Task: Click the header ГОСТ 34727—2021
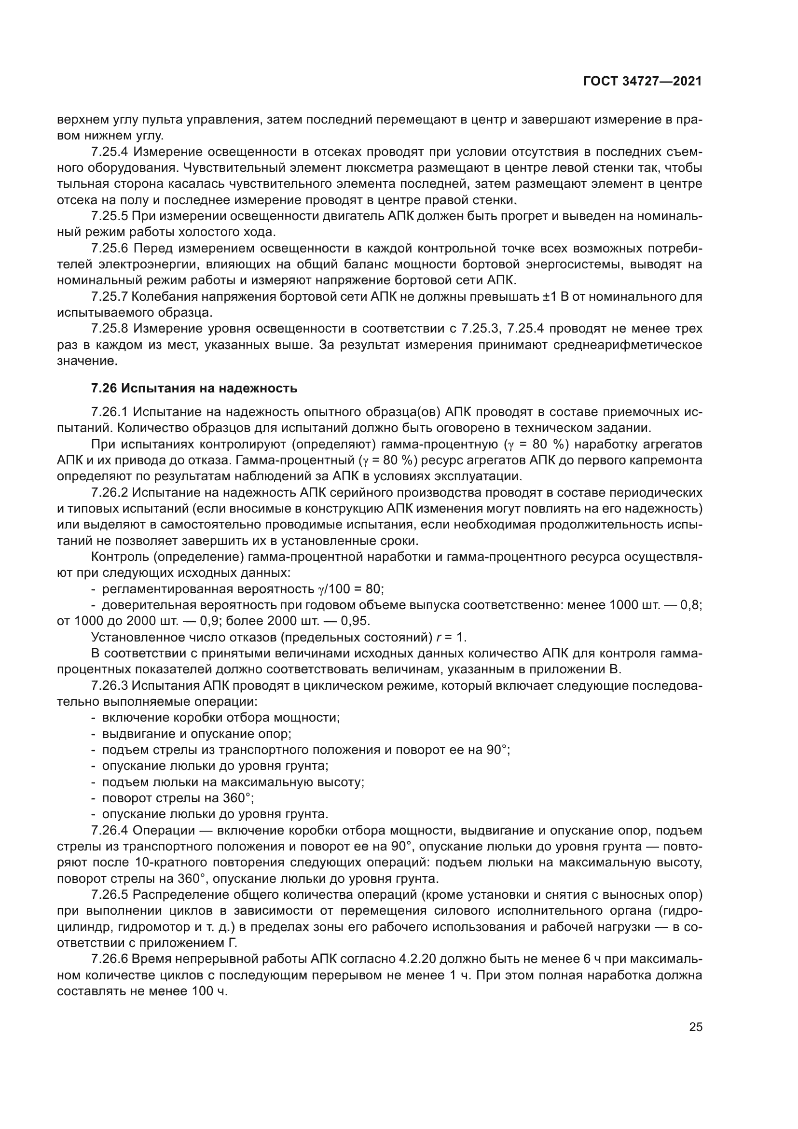tap(642, 82)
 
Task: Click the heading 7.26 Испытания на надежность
tap(194, 389)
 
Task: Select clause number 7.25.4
tap(110, 152)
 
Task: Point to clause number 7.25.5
tap(110, 216)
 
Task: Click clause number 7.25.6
tap(110, 248)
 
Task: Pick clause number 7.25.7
tap(110, 296)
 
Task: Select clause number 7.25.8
tap(110, 329)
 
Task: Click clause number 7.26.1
tap(110, 412)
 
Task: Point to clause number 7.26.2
tap(110, 492)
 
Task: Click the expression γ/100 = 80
tap(350, 589)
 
